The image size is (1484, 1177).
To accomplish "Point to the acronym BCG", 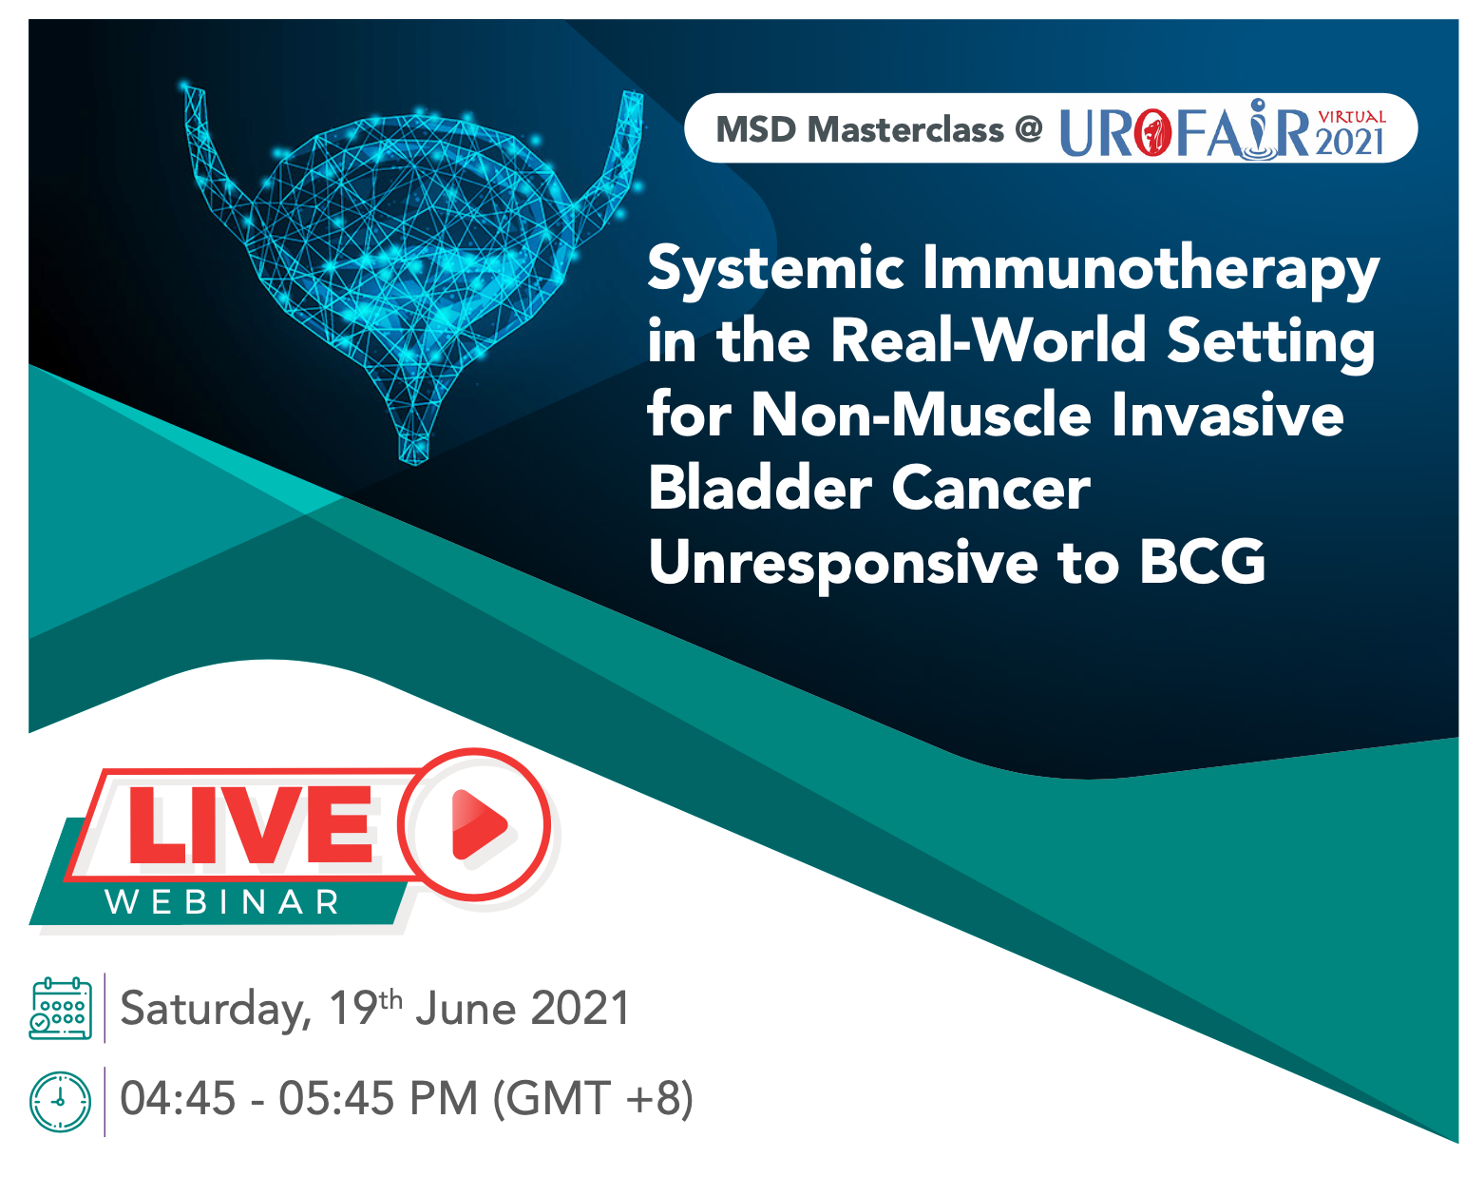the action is [x=1202, y=561].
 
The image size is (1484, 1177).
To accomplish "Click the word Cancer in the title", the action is [x=991, y=488].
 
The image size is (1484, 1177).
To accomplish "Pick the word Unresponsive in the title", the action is [x=843, y=563].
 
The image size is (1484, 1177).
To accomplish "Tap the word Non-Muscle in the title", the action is [x=922, y=415].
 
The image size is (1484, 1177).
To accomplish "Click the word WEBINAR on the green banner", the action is [x=222, y=902].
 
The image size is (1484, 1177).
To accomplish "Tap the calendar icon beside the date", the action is [x=60, y=1008].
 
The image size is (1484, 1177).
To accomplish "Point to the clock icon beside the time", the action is [x=60, y=1102].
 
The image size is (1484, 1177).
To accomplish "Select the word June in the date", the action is [x=466, y=1009].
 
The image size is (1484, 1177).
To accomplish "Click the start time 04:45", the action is [x=178, y=1098].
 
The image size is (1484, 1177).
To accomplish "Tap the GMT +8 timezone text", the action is [x=593, y=1099].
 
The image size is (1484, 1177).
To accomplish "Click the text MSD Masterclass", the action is [x=860, y=129].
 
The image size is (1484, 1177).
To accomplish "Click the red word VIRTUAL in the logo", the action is [x=1352, y=117].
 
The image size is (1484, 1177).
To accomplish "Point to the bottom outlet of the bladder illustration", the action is [x=414, y=450].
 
